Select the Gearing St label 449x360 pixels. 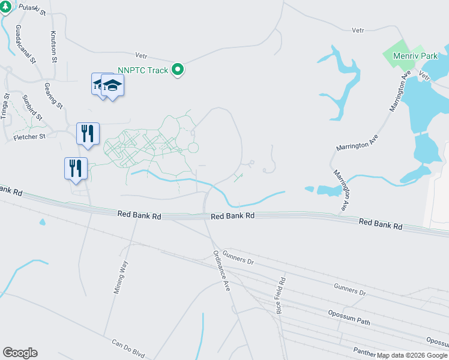53,96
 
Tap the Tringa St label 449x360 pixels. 6,106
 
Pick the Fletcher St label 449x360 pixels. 29,137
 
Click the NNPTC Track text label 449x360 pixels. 143,70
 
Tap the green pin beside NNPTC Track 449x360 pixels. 178,70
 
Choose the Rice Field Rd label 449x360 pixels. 280,295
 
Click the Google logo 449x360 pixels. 20,353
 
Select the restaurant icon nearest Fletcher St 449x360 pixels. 88,134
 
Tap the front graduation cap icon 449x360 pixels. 112,85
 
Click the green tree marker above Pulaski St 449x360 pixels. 4,7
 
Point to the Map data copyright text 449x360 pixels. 412,355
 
